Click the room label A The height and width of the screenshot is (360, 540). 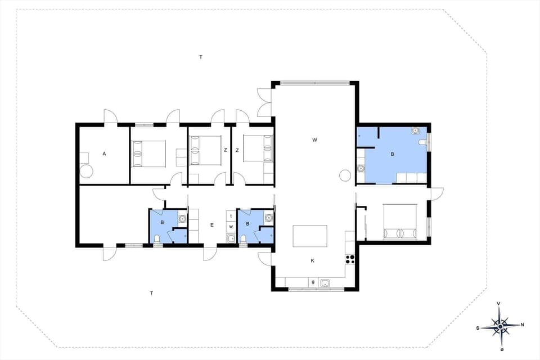coord(104,153)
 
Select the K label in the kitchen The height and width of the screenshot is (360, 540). coord(313,260)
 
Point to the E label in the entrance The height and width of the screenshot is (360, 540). coord(211,225)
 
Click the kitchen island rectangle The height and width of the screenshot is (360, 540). coord(310,236)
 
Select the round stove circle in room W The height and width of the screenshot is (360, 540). coord(344,175)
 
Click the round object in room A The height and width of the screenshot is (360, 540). coord(87,172)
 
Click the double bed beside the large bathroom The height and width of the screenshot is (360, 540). coord(399,222)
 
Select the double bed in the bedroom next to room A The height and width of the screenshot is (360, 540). coord(148,154)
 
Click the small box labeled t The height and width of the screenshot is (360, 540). coord(231,216)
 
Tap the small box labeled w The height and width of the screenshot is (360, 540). coord(231,226)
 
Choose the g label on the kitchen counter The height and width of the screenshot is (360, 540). coord(312,282)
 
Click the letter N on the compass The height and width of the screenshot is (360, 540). coord(522,325)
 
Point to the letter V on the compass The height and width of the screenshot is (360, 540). coord(499,304)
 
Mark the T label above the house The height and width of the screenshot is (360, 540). coord(201,57)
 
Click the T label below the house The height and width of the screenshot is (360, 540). coord(151,293)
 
